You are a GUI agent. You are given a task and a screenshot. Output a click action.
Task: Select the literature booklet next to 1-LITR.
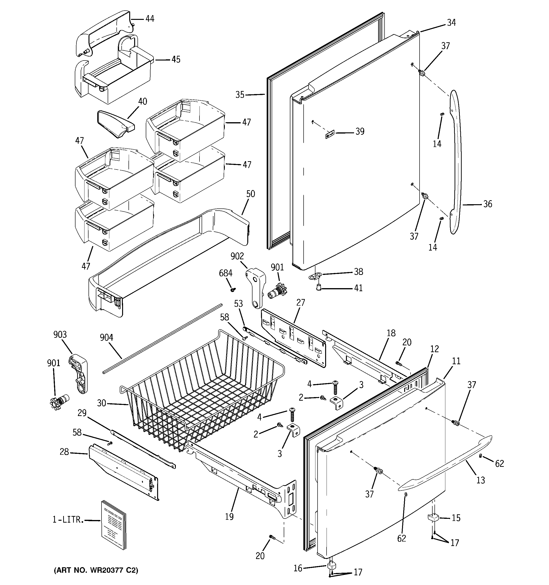point(113,525)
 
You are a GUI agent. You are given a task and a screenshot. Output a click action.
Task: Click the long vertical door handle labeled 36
point(456,162)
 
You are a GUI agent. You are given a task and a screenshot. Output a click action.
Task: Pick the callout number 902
point(237,256)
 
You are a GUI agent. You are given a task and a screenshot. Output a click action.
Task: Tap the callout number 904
point(106,337)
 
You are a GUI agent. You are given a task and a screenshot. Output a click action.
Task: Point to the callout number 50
point(251,194)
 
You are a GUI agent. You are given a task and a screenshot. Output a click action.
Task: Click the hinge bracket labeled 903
point(78,374)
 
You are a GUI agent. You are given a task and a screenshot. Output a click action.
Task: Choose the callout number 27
point(301,303)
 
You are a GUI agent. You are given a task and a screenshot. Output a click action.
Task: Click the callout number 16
point(298,568)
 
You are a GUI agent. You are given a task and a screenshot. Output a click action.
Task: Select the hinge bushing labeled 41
point(318,287)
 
